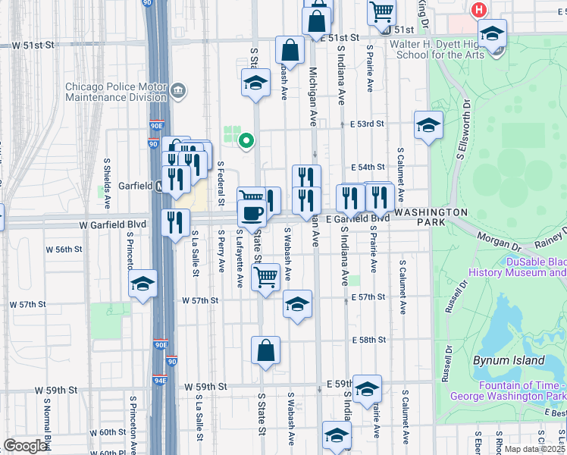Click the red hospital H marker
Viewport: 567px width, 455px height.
click(x=478, y=10)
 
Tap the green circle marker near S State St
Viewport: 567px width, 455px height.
click(x=246, y=140)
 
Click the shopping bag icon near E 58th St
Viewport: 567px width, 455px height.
click(x=265, y=351)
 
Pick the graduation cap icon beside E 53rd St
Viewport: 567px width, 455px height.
click(x=428, y=125)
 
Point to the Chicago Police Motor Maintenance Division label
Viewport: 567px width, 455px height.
click(x=116, y=92)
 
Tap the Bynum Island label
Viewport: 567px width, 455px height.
click(x=509, y=360)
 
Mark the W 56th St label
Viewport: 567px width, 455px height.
click(x=64, y=249)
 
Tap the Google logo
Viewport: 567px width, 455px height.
click(x=26, y=446)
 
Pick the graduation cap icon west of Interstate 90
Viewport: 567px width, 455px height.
click(x=143, y=284)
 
